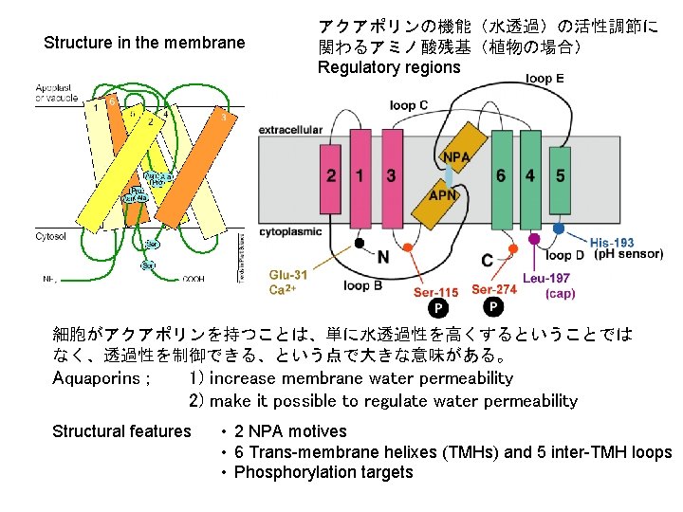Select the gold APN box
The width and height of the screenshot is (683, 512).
click(x=442, y=196)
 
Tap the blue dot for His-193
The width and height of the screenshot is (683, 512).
click(x=559, y=229)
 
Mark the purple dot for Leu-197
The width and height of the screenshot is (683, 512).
click(x=535, y=239)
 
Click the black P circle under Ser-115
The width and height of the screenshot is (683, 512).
click(x=438, y=308)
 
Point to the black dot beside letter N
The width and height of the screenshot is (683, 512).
click(x=360, y=243)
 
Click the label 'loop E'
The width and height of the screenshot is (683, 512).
click(x=545, y=79)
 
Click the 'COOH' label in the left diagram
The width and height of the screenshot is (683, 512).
click(x=194, y=280)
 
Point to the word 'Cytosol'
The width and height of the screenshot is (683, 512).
click(x=51, y=235)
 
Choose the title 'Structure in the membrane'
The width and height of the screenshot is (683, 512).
click(x=144, y=43)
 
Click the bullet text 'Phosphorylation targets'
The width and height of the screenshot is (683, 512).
click(x=323, y=472)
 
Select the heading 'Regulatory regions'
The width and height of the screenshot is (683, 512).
click(x=389, y=66)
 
